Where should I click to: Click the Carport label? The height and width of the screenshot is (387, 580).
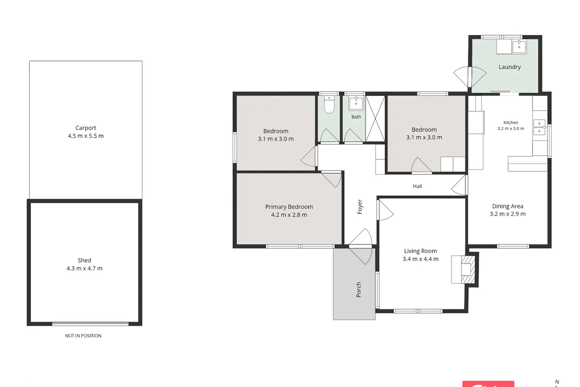(86, 128)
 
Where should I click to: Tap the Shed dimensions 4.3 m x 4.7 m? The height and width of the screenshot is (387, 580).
(84, 268)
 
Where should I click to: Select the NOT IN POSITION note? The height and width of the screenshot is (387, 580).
(83, 336)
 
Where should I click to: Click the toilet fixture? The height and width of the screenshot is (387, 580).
(329, 104)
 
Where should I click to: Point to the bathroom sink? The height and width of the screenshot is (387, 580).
(356, 103)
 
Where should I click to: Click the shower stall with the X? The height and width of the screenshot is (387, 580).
(375, 119)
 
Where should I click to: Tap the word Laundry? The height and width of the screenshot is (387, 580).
(510, 67)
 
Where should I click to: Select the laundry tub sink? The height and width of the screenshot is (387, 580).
(519, 47)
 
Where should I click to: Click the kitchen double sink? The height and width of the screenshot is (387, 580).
(539, 127)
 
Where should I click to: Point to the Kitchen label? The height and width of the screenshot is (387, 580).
(511, 122)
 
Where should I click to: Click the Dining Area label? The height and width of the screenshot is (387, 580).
(507, 206)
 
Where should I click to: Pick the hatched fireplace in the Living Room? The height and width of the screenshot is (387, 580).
(468, 269)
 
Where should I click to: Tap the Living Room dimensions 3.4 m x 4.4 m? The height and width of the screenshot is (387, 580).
(421, 259)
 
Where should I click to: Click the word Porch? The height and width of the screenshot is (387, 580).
(358, 289)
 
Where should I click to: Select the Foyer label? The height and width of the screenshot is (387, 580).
(360, 207)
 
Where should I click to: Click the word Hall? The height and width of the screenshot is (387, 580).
(417, 186)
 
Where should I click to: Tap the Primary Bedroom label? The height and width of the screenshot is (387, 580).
(289, 207)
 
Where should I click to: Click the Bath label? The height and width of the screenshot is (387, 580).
(356, 116)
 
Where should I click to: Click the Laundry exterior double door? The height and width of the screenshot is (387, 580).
(470, 77)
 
